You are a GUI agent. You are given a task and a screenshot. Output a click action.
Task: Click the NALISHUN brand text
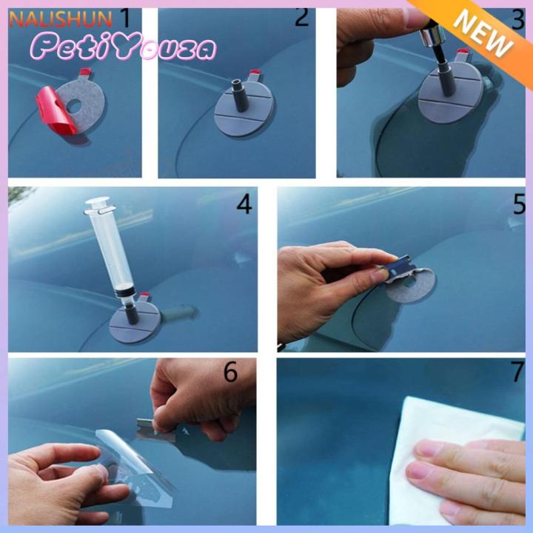pyautogui.click(x=60, y=19)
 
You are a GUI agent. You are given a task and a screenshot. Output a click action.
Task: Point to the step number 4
pyautogui.click(x=244, y=204)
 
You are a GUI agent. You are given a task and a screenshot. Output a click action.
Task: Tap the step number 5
pyautogui.click(x=519, y=205)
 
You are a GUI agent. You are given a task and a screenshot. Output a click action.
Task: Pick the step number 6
pyautogui.click(x=230, y=372)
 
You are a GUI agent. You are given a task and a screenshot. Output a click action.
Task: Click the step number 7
pyautogui.click(x=517, y=373)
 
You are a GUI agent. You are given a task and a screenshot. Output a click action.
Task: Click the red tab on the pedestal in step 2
pyautogui.click(x=256, y=76)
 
